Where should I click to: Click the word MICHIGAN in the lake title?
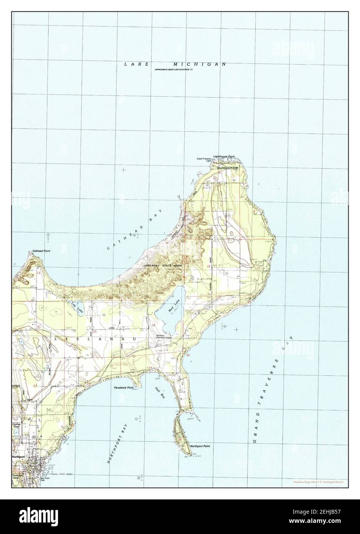199,64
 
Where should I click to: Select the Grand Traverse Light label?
204,159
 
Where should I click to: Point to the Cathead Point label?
41,250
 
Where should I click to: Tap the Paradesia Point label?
123,388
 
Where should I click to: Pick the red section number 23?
95,331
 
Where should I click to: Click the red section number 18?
209,266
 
